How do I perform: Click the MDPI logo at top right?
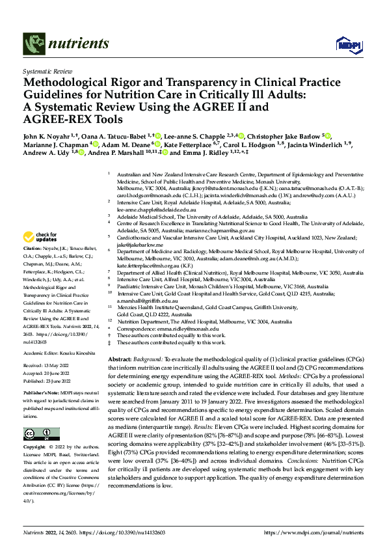344,44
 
